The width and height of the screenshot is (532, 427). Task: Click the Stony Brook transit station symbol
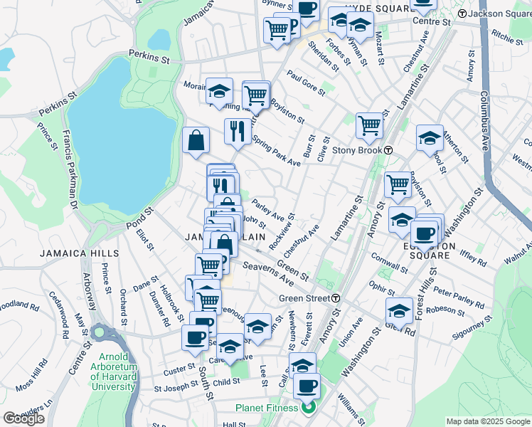pyautogui.click(x=389, y=150)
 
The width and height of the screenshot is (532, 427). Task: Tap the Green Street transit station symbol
pyautogui.click(x=335, y=298)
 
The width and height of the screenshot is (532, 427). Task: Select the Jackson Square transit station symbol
pyautogui.click(x=462, y=14)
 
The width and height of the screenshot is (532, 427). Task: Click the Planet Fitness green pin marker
pyautogui.click(x=308, y=408)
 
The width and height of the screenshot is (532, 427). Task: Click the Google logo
pyautogui.click(x=23, y=418)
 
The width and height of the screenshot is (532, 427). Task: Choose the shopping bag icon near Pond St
pyautogui.click(x=196, y=141)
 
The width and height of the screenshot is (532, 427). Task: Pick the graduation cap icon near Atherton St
pyautogui.click(x=430, y=139)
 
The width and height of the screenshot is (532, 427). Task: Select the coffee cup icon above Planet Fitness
pyautogui.click(x=307, y=386)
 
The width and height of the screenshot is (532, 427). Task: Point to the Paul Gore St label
pyautogui.click(x=306, y=83)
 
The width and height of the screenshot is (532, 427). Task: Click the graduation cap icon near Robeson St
pyautogui.click(x=399, y=311)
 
